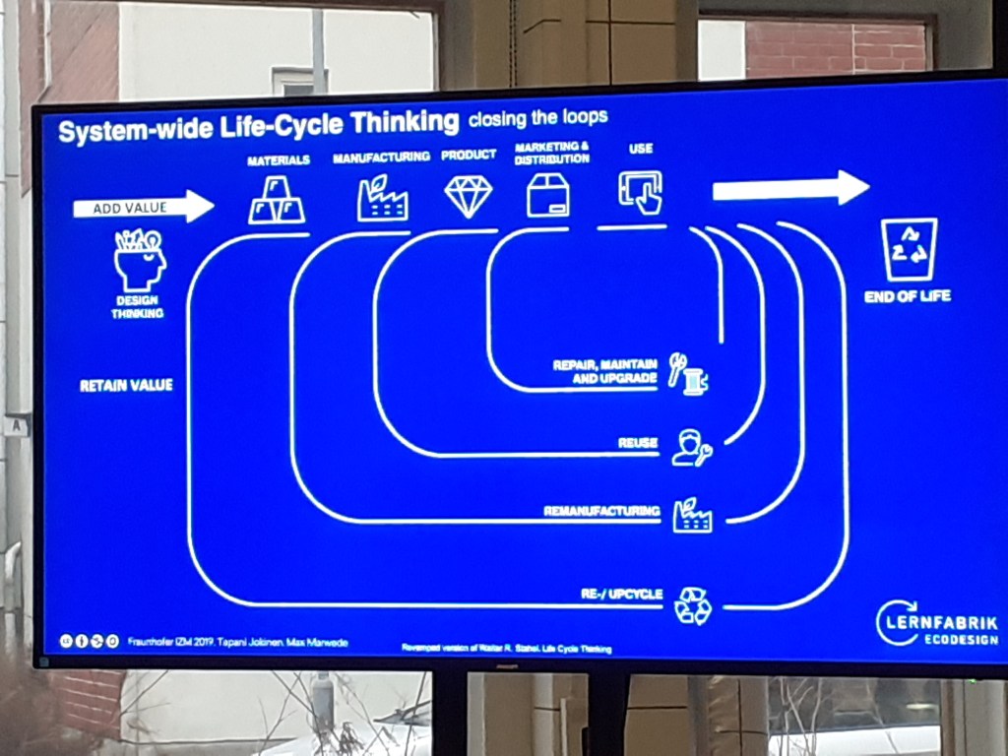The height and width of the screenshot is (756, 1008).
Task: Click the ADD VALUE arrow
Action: coord(143,207)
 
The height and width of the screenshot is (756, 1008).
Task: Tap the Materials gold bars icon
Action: coord(276,200)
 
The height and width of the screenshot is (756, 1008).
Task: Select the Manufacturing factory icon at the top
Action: coord(382,198)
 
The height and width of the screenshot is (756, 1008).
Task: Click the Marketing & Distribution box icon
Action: coord(548,194)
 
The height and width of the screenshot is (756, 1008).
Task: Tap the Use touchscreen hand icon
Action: coord(641,192)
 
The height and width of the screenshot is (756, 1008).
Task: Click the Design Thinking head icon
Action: coord(139,260)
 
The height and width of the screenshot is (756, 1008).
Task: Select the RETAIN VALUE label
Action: coord(126,385)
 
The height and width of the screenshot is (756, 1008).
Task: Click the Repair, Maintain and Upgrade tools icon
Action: coord(688,374)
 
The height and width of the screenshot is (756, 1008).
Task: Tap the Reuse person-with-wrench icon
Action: coord(691,447)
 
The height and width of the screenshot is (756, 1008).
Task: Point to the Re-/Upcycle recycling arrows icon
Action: coord(692,604)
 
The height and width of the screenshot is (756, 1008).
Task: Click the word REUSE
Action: coord(638,443)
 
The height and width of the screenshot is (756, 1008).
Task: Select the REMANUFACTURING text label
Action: coord(601,511)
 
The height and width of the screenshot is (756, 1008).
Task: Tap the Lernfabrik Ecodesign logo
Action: coord(936,624)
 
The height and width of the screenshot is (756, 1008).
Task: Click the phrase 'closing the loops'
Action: coord(537,118)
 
